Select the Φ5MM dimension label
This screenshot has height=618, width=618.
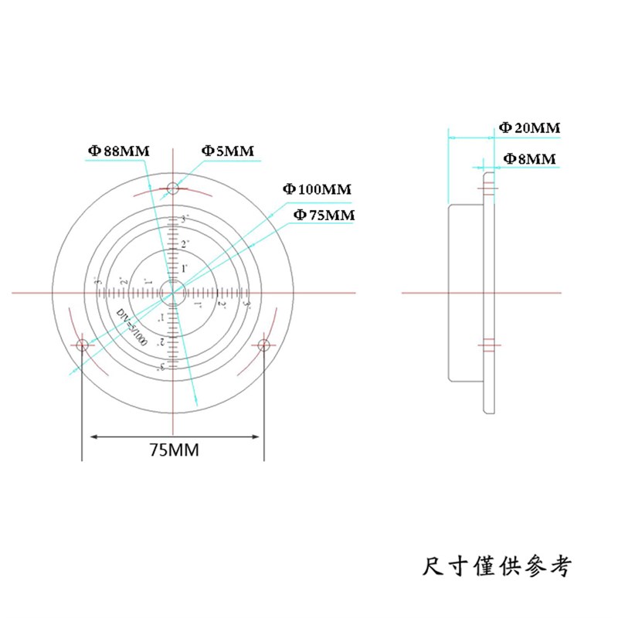(228, 151)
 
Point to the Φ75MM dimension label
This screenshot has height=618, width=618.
(323, 216)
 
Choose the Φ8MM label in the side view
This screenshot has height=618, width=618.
(530, 159)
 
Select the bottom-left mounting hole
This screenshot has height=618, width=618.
(83, 345)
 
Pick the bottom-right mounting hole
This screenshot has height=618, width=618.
(263, 345)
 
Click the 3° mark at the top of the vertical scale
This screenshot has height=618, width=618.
(163, 220)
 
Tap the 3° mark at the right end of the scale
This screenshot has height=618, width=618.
(246, 305)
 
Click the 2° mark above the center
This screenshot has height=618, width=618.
(163, 244)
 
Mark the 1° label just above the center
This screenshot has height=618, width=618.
(162, 268)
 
